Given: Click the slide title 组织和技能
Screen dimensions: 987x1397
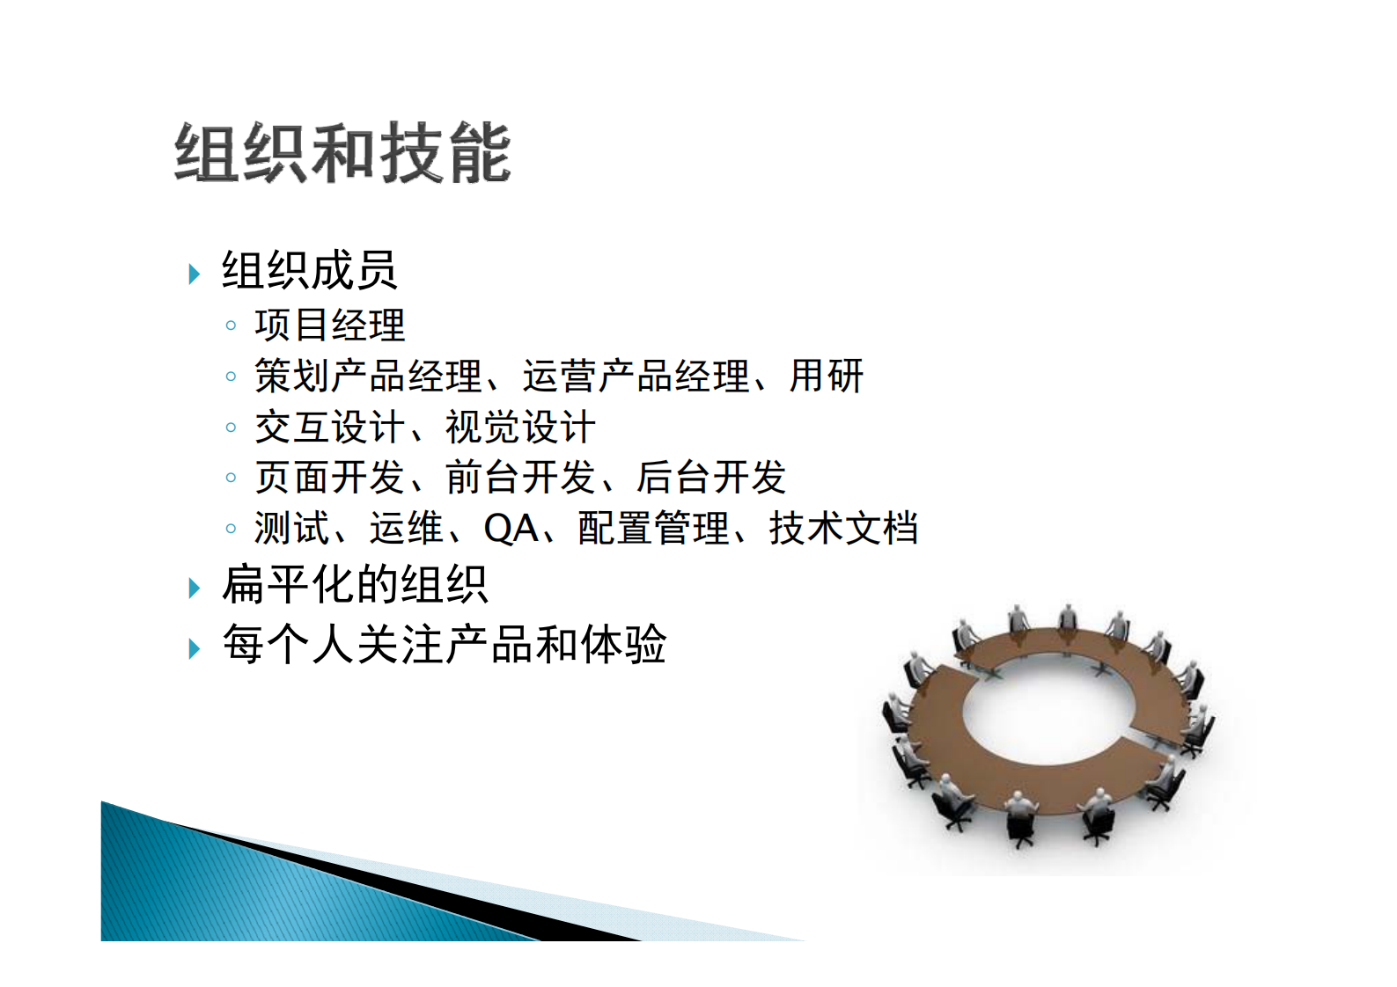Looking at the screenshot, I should (x=342, y=153).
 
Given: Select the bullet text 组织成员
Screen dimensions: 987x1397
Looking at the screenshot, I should (x=309, y=270).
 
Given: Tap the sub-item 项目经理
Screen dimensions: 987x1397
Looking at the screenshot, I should (x=329, y=325).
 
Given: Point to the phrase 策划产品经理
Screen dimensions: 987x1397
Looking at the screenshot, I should (x=368, y=376).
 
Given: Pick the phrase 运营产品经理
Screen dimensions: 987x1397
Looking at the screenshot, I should (x=636, y=376).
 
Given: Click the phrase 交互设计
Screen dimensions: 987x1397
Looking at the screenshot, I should (x=329, y=428).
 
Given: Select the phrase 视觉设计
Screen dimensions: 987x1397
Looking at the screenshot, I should (x=520, y=428).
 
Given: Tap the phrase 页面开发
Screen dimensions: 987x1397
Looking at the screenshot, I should (x=329, y=478).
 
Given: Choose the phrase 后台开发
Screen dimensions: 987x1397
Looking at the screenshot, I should (x=710, y=478).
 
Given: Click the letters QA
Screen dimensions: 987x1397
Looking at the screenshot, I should (x=511, y=529).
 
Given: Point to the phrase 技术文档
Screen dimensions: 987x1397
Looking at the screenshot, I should (x=843, y=529).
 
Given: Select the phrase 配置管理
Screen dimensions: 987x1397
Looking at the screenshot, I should (x=653, y=529).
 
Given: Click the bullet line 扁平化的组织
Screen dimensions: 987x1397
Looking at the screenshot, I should (x=355, y=585).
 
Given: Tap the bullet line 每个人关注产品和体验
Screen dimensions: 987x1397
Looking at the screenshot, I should (x=445, y=644).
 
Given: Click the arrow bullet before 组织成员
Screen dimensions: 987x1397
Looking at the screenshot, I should (x=195, y=274).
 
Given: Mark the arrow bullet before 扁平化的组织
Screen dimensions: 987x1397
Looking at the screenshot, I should (x=195, y=589).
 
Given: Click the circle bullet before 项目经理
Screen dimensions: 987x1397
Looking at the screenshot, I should (x=231, y=326).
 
